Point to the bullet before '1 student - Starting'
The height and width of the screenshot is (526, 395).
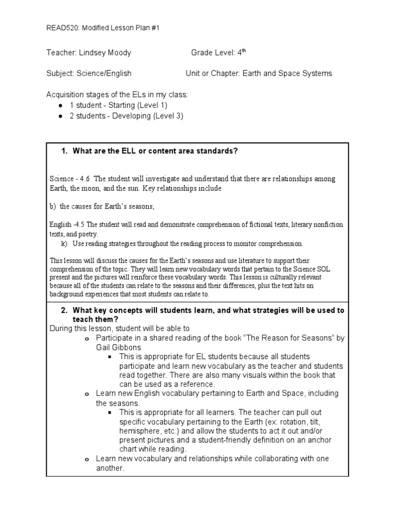61,105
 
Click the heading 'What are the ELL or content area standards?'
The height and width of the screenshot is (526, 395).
156,151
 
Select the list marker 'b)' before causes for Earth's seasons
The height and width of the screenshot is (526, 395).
53,206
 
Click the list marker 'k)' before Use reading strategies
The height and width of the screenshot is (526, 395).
64,243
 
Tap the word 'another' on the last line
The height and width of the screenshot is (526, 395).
110,468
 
